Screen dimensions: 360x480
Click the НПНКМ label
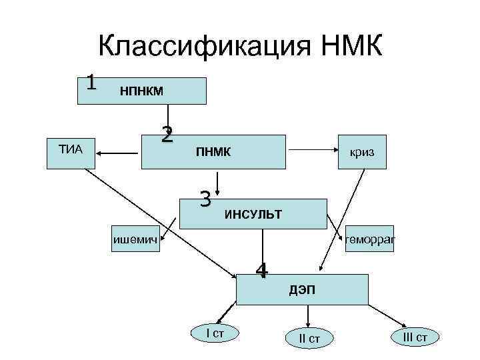pyautogui.click(x=141, y=90)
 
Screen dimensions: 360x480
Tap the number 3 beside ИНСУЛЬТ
pyautogui.click(x=206, y=199)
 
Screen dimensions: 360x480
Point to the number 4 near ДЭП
pyautogui.click(x=262, y=271)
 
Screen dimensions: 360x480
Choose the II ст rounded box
pyautogui.click(x=309, y=339)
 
